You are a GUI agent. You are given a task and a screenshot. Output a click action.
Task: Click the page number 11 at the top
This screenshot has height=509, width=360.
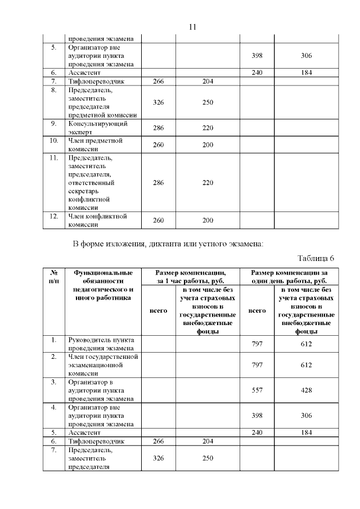coord(192,26)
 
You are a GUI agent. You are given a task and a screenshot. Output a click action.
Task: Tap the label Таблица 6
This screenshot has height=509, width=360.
coord(316,258)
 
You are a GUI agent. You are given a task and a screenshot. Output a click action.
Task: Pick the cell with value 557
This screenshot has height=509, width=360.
coord(257,390)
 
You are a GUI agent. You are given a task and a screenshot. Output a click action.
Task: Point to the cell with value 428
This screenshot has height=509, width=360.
coord(306,390)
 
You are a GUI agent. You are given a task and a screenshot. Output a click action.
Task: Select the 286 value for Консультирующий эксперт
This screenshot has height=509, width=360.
coord(159,128)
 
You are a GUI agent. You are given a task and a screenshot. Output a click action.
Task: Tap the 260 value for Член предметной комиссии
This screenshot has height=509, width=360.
coord(159,145)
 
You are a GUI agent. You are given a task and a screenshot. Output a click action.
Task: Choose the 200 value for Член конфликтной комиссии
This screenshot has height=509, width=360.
coord(208,220)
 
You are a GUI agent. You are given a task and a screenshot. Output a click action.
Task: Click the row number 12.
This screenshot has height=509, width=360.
coord(54,216)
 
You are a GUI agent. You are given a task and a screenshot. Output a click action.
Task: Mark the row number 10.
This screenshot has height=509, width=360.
coord(54,141)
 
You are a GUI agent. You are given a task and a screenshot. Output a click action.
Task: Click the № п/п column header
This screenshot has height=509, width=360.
coord(54,276)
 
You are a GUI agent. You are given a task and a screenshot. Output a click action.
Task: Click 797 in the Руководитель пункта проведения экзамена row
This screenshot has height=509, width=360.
coord(257,344)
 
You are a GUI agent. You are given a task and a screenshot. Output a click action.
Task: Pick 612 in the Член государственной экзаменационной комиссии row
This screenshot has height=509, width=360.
coord(306,364)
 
